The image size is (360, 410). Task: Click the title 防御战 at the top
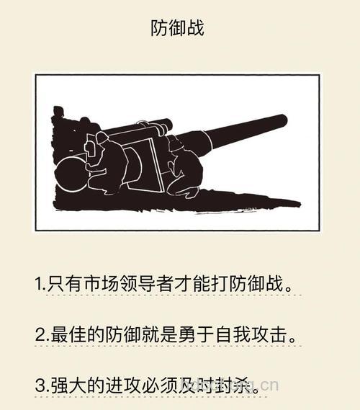pos(177,29)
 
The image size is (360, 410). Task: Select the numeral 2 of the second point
pos(40,335)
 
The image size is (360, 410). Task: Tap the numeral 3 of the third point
pos(40,386)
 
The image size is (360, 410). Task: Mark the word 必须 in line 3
pos(160,386)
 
